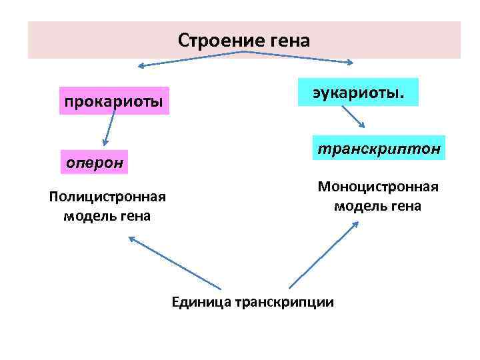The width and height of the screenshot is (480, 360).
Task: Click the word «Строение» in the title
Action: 213,41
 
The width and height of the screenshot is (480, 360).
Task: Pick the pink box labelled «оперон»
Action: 93,162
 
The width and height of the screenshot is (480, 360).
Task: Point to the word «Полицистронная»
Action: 107,198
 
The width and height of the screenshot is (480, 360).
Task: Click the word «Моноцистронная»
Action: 378,187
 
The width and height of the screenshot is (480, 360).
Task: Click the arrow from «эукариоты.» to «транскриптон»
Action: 353,117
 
